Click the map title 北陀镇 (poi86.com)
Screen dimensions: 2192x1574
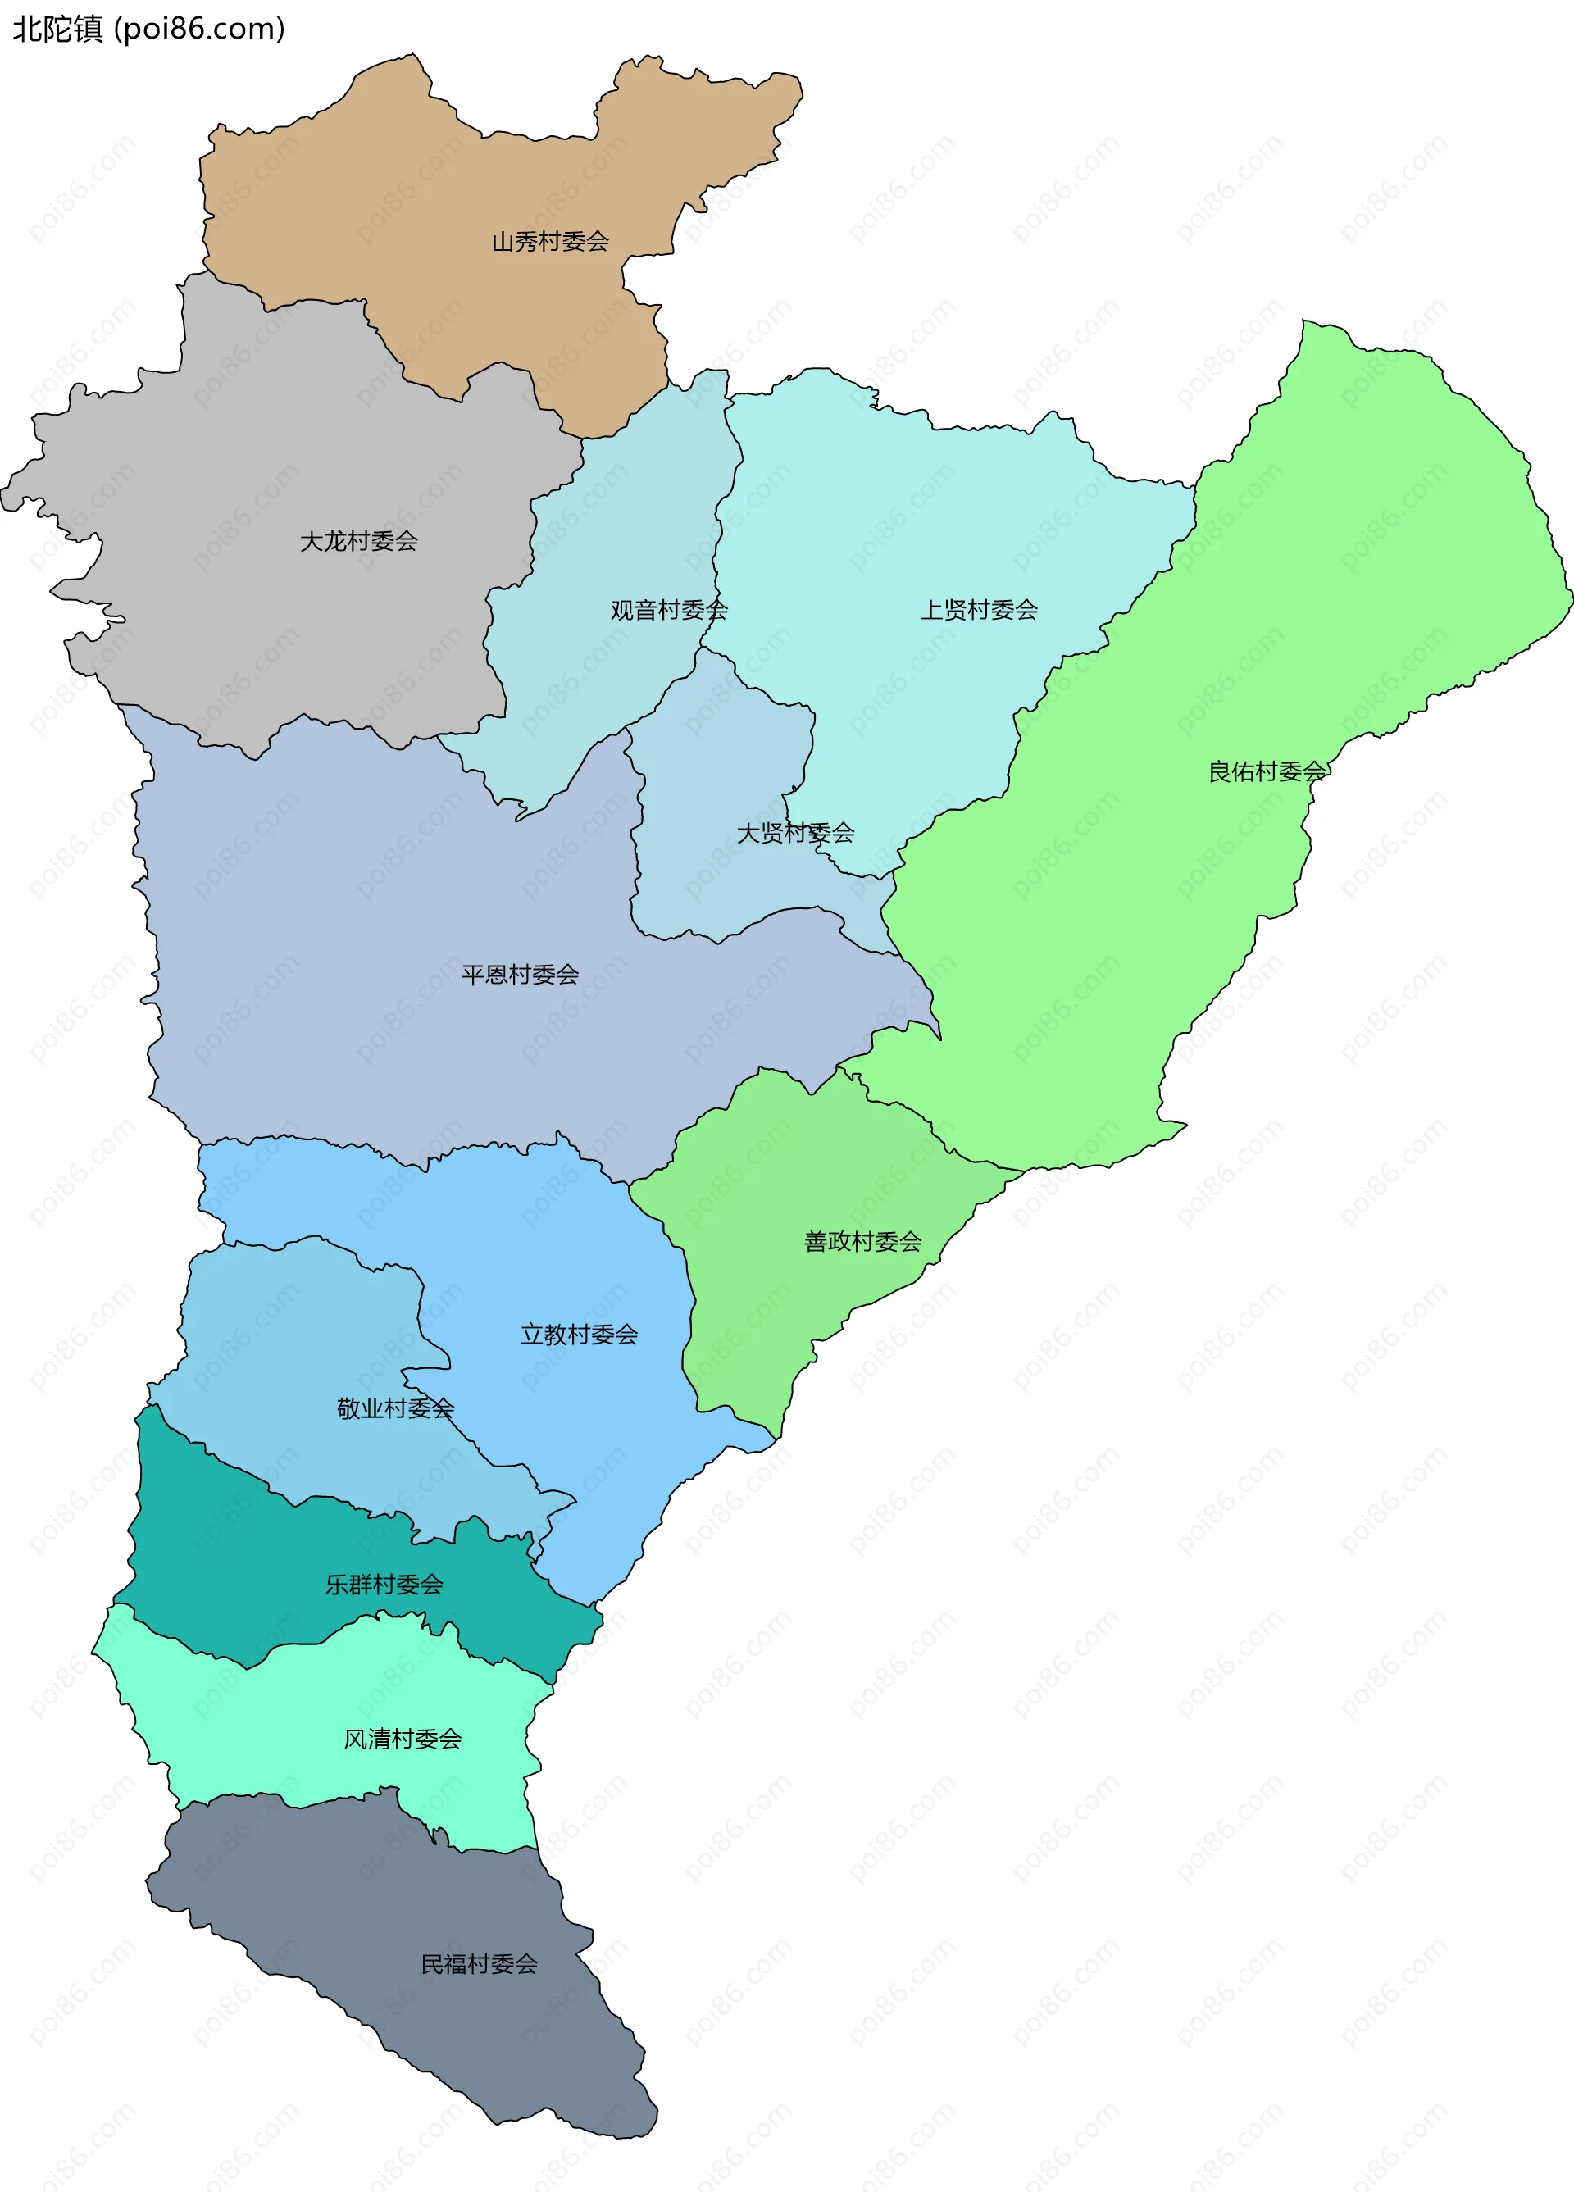(x=148, y=29)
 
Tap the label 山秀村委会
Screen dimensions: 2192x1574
(x=550, y=242)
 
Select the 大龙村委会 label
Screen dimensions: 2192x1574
(x=359, y=541)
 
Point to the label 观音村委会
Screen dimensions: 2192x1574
(x=668, y=610)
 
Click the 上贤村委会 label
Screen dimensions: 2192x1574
(x=979, y=610)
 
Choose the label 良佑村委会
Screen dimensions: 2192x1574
(x=1267, y=771)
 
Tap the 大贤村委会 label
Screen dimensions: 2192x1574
(x=794, y=832)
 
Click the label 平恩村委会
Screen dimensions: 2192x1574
(x=520, y=974)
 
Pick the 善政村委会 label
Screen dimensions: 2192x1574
(x=862, y=1241)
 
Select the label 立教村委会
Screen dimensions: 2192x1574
(x=579, y=1335)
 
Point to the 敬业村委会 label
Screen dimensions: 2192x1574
(x=395, y=1408)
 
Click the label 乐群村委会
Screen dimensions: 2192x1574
(x=384, y=1584)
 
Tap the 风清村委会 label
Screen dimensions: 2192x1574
(x=403, y=1739)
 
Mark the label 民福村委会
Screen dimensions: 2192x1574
(x=479, y=1964)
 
